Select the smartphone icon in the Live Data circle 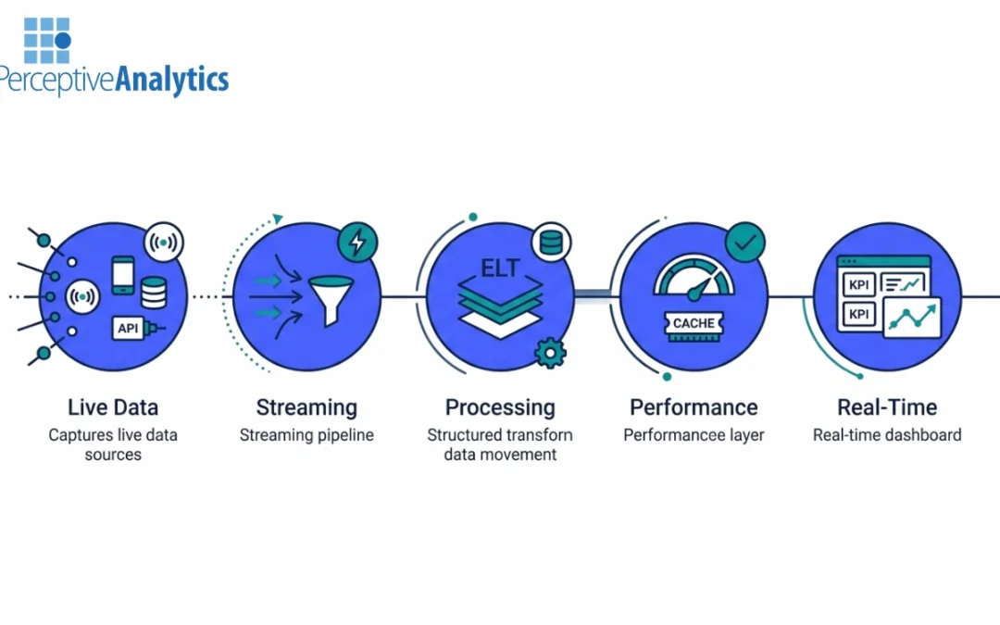click(123, 275)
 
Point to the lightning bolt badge click(356, 243)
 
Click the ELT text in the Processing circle click(501, 269)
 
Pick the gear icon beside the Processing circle click(551, 353)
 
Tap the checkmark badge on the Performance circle click(744, 243)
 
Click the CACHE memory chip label click(694, 323)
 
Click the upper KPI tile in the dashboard click(856, 282)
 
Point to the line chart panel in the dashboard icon click(912, 318)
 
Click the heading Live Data click(113, 407)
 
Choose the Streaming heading click(306, 407)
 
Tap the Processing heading click(500, 407)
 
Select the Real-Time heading click(887, 407)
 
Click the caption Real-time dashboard click(887, 435)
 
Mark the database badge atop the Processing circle click(551, 243)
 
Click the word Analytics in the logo click(171, 80)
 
